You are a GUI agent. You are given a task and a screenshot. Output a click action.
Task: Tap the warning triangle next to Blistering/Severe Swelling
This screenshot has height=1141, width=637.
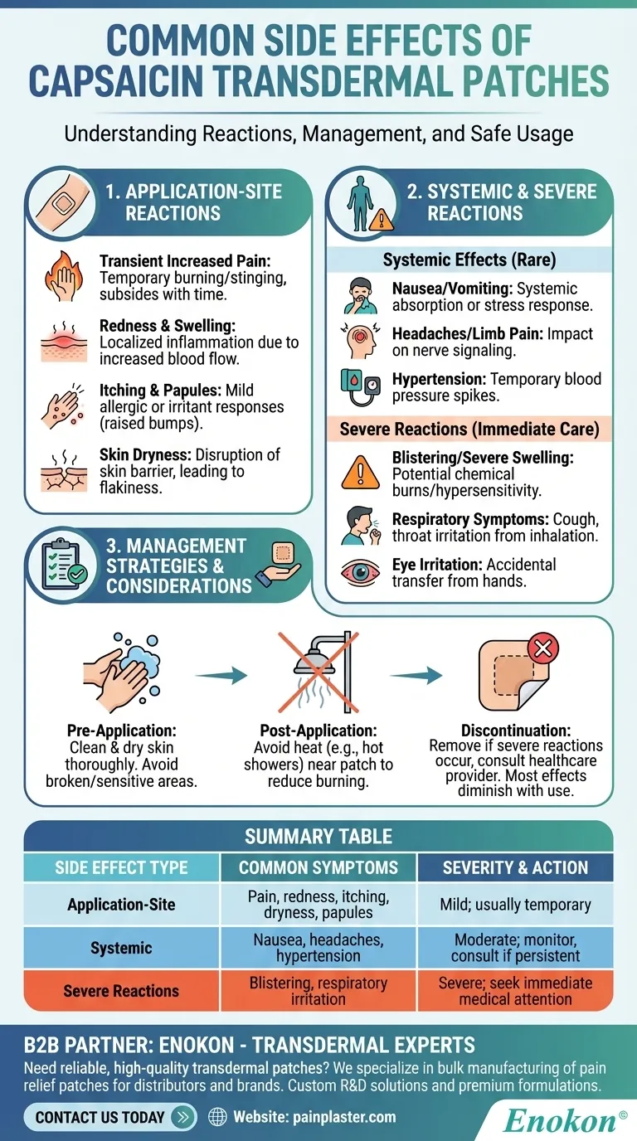(362, 473)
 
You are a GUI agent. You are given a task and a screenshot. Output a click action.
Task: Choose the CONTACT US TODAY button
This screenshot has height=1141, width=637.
(111, 1116)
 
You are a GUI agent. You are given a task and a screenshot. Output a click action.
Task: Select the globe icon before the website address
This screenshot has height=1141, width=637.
(218, 1117)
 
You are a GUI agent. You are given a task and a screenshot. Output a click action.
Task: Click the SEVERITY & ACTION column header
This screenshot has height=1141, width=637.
(515, 868)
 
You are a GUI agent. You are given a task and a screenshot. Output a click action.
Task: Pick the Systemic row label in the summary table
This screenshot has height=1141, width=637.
(121, 948)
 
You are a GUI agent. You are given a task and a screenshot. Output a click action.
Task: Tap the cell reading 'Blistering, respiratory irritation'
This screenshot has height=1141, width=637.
(318, 991)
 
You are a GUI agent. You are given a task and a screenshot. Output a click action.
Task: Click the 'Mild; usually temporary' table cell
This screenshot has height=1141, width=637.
(515, 905)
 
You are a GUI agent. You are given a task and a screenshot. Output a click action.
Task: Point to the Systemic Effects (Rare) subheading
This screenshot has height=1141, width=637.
(469, 260)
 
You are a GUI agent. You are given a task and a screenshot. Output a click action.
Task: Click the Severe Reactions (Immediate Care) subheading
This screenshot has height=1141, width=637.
(469, 430)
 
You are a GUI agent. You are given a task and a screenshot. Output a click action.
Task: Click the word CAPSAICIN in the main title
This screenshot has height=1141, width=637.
(166, 83)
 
